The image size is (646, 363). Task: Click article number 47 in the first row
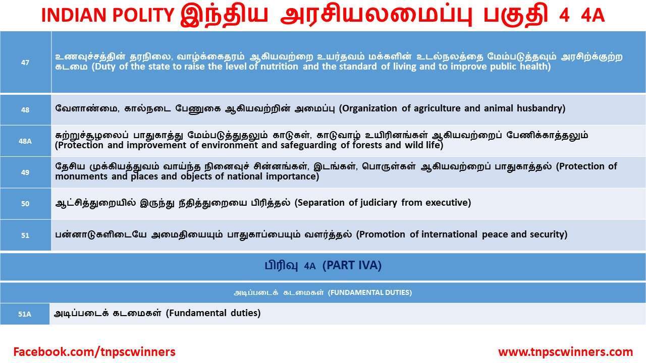coord(25,63)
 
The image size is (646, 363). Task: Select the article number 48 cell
coord(25,110)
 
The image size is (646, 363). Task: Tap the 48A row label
coord(25,141)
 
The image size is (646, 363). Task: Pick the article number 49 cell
coord(25,172)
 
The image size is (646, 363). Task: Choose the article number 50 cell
coord(25,204)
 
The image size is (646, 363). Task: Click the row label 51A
coord(25,314)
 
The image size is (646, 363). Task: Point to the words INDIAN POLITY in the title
coord(107,17)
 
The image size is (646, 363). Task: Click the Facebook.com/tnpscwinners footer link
coord(94,352)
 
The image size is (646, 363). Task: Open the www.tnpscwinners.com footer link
coord(565,352)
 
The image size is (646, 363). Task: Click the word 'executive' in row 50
coord(447,203)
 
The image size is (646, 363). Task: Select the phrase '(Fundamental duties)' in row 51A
coord(213,313)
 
